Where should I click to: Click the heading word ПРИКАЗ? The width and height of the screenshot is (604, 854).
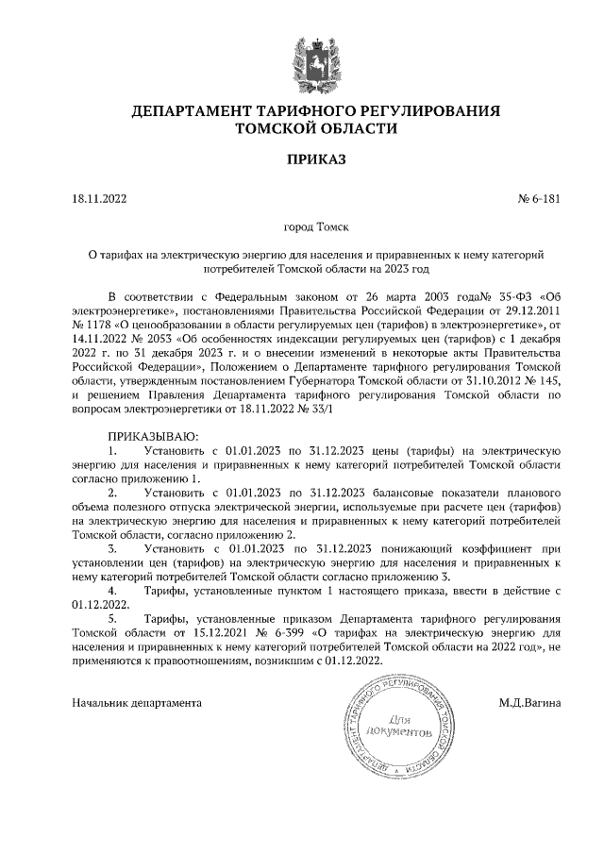click(x=303, y=159)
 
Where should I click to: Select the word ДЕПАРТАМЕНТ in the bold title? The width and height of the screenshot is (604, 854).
click(x=193, y=111)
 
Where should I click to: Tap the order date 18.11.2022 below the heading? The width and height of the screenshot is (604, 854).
click(x=99, y=199)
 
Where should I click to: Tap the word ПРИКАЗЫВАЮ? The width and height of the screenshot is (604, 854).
click(x=153, y=437)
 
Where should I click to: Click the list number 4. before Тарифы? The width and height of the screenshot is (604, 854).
click(x=113, y=590)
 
